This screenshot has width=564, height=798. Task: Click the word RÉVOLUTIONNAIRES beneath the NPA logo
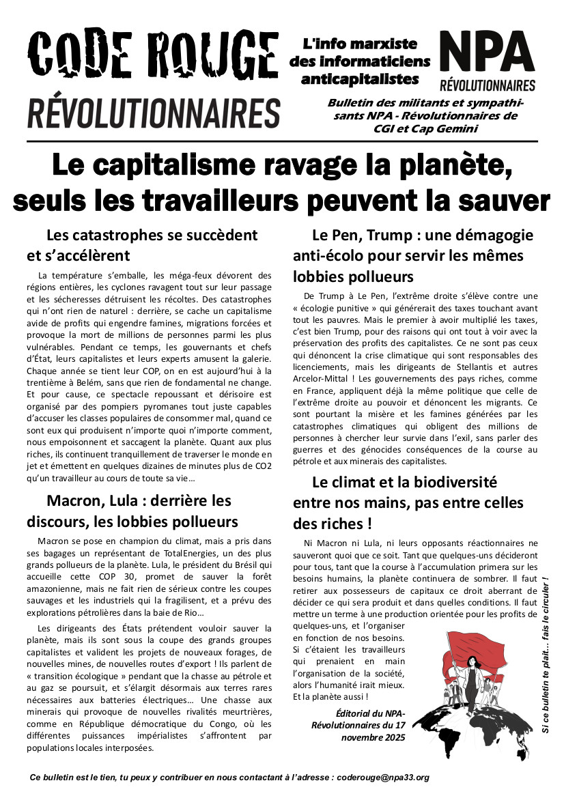pos(487,85)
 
